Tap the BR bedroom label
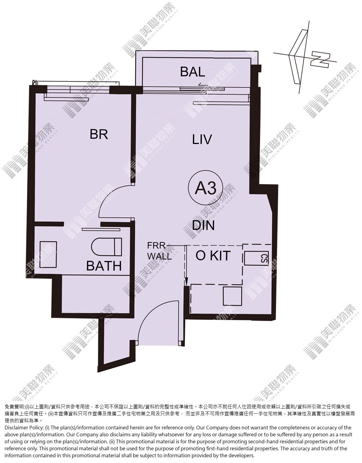99,134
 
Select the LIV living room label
202,139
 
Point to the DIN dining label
203,225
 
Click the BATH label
104,266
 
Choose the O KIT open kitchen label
213,256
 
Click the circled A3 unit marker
206,188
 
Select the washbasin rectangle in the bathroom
48,255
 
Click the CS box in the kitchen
256,258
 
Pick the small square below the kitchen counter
232,296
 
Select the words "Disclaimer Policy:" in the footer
24,428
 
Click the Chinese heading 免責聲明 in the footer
14,407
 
